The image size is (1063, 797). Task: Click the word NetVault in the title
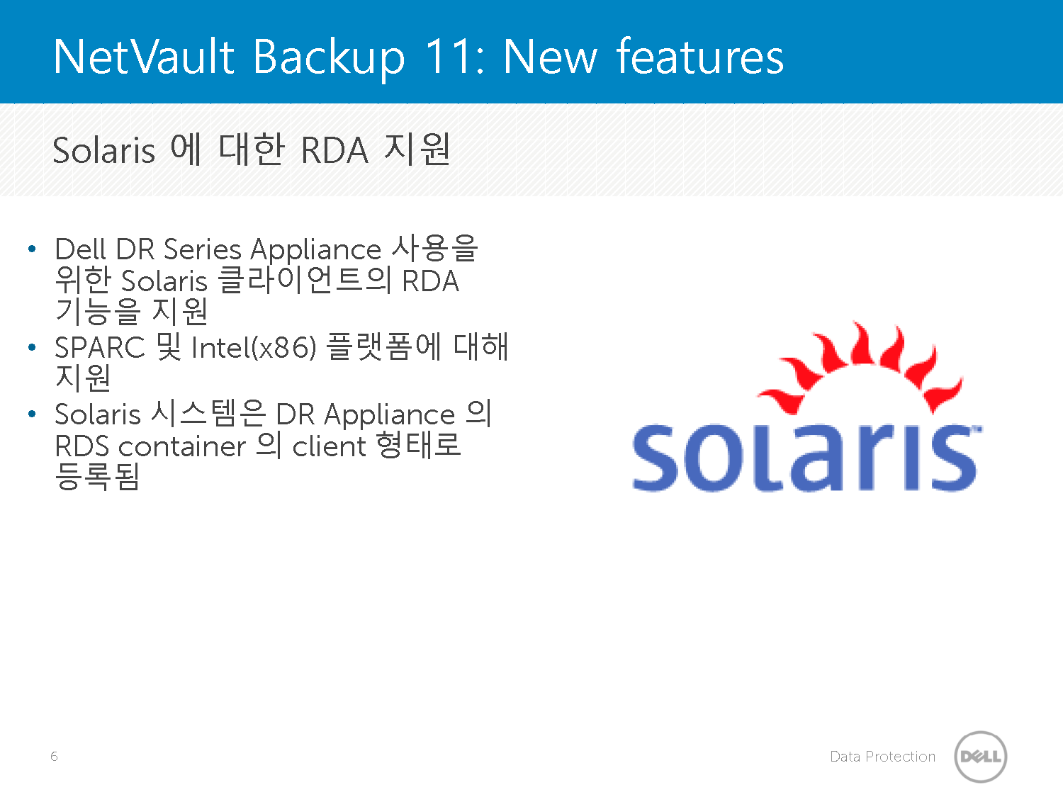[x=144, y=57]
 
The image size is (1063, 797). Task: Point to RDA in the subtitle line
[x=334, y=150]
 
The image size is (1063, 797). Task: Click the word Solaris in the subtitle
[x=103, y=150]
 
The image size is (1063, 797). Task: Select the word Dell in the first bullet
[x=80, y=249]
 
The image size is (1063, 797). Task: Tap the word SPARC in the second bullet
[x=100, y=347]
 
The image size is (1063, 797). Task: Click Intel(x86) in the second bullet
[x=254, y=347]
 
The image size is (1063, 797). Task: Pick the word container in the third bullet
[x=182, y=446]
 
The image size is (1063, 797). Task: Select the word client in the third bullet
[x=329, y=446]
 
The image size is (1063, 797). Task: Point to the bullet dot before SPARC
[x=32, y=347]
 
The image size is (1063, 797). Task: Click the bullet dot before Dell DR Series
[x=32, y=249]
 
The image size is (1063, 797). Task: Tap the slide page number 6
[x=54, y=757]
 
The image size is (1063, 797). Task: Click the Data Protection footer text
[x=882, y=757]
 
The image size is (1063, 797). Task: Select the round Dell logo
[x=981, y=757]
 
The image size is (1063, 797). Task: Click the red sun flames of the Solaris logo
[x=860, y=368]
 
